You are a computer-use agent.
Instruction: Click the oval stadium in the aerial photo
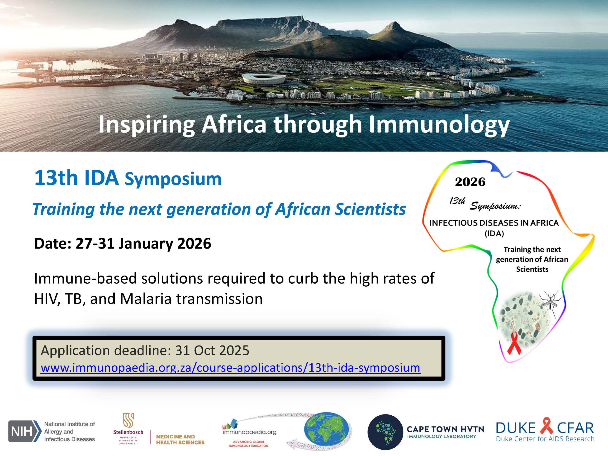264,79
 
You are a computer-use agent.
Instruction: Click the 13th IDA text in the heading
76,178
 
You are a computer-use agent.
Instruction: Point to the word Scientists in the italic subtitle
370,209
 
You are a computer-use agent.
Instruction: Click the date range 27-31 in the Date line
95,243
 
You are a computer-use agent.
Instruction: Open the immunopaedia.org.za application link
230,368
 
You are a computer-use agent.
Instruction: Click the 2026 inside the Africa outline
470,182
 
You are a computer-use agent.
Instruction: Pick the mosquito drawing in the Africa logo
550,302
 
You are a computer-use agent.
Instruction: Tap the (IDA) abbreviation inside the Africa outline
494,234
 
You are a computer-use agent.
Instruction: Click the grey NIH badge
24,431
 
